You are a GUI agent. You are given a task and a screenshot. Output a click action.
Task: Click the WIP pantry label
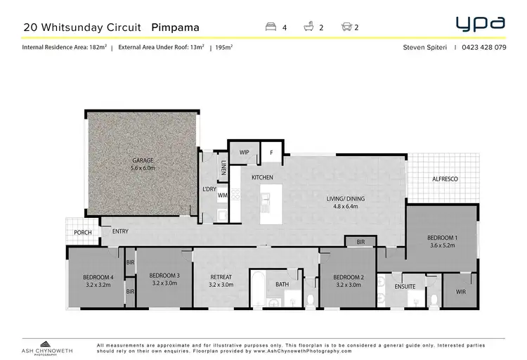pos(245,152)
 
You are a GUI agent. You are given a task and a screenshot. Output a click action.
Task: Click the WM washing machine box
pos(222,195)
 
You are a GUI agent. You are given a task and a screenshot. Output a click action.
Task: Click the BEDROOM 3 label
pos(164,275)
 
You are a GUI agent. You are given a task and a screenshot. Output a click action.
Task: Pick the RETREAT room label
pos(221,275)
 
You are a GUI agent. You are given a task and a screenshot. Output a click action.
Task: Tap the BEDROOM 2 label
pos(348,276)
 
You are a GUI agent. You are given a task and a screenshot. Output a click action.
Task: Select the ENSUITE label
pos(405,286)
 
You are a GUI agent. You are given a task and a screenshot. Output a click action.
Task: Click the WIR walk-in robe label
pos(460,291)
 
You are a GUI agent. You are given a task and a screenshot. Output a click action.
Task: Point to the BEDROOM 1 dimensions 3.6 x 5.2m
pos(442,246)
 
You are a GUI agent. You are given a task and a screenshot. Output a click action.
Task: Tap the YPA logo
pos(480,24)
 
